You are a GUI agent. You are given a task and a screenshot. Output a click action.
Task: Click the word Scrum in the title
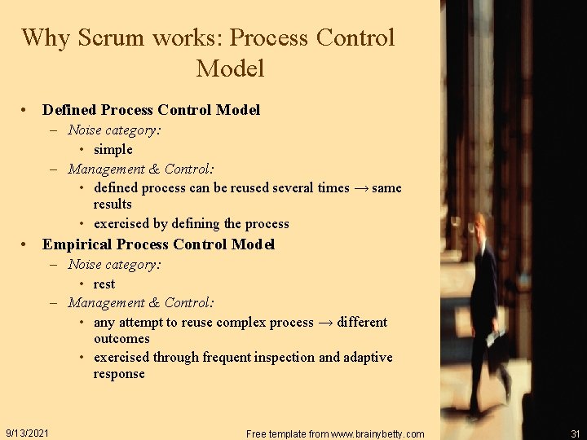(x=112, y=38)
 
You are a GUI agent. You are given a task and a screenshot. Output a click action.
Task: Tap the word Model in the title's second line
(x=230, y=69)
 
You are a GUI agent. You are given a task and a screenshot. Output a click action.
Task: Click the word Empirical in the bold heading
(x=77, y=244)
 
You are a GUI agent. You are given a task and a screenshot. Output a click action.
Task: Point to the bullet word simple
(x=113, y=150)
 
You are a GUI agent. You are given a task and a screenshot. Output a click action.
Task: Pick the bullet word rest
(x=104, y=284)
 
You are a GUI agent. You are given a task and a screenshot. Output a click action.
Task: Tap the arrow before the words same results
(x=360, y=188)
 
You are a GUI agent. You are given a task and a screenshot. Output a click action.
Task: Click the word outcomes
(x=121, y=339)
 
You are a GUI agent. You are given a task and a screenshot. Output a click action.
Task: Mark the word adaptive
(x=368, y=358)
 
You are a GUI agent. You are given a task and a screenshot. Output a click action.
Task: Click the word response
(x=119, y=374)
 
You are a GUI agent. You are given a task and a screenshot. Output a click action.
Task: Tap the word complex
(x=245, y=323)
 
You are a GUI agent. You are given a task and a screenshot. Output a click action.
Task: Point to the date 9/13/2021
(x=27, y=433)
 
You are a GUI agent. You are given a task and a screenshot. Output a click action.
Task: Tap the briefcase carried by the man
(x=496, y=338)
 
